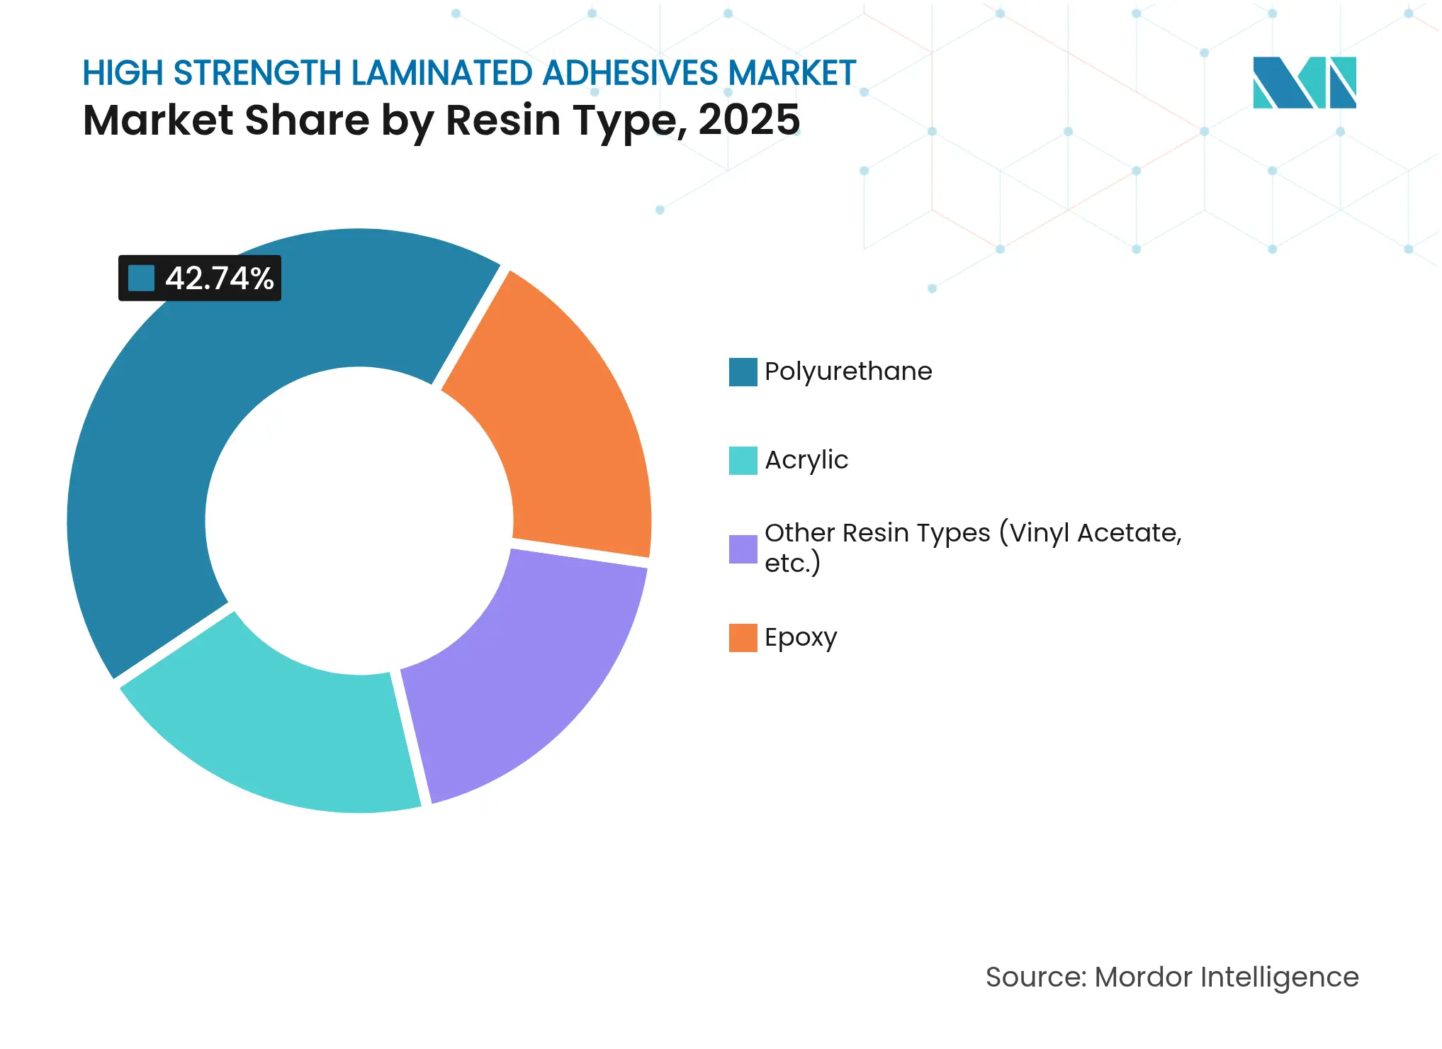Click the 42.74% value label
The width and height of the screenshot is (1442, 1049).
coord(219,279)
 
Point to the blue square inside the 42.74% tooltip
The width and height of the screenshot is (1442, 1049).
coord(141,279)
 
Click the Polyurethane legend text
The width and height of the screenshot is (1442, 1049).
coord(848,371)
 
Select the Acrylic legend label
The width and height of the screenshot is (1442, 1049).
coord(806,460)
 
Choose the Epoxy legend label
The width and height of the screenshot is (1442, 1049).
coord(801,637)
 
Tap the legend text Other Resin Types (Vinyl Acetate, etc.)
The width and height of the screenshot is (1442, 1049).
coord(972,547)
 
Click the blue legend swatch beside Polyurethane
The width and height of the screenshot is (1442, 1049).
coord(743,372)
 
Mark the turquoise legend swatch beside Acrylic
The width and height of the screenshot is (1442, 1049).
coord(743,461)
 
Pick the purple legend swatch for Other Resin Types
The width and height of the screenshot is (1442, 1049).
coord(743,549)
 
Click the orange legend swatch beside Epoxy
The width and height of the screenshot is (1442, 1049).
coord(743,638)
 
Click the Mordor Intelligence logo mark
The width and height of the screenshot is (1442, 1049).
coord(1304,82)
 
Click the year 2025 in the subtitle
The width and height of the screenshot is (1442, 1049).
coord(749,120)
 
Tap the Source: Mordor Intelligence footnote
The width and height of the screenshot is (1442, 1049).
coord(1172,977)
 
